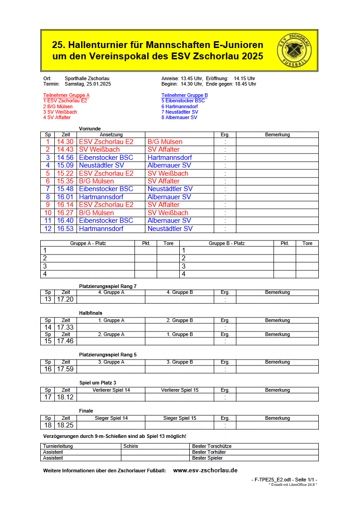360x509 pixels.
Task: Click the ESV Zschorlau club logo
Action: pyautogui.click(x=294, y=50)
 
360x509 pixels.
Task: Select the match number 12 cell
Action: pyautogui.click(x=48, y=229)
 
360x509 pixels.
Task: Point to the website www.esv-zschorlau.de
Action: pyautogui.click(x=205, y=471)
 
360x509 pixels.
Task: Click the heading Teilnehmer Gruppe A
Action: pyautogui.click(x=66, y=95)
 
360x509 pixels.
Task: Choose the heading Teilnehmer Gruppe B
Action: pyautogui.click(x=184, y=95)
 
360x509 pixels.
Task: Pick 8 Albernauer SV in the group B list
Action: pyautogui.click(x=179, y=117)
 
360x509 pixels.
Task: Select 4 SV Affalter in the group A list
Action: pyautogui.click(x=57, y=117)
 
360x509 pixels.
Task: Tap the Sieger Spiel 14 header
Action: pyautogui.click(x=111, y=418)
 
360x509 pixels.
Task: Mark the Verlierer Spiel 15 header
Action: pyautogui.click(x=180, y=390)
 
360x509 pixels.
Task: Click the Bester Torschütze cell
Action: pyautogui.click(x=211, y=446)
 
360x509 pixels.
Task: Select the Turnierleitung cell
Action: pyautogui.click(x=58, y=446)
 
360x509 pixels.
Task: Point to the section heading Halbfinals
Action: pyautogui.click(x=91, y=313)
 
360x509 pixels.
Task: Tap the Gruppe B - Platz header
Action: pyautogui.click(x=226, y=243)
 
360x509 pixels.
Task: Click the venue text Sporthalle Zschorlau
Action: pyautogui.click(x=87, y=78)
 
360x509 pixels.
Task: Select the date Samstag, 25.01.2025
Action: pyautogui.click(x=88, y=84)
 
